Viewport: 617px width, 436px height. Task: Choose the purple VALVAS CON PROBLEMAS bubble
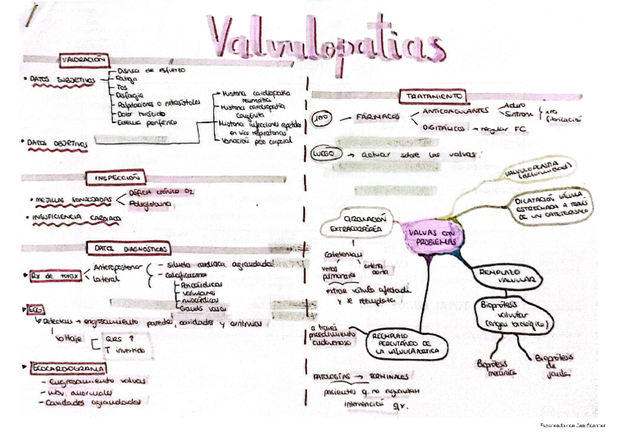click(x=431, y=235)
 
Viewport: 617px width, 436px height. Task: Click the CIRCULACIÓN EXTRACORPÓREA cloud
click(x=355, y=223)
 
